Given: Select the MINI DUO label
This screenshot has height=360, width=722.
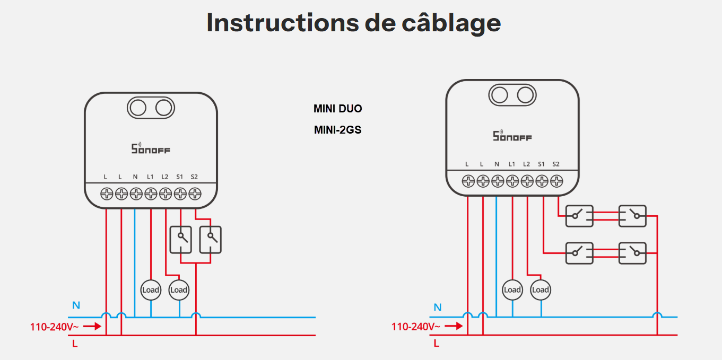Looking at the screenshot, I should pos(337,109).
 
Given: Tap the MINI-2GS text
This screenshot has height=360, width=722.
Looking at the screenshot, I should pos(337,129).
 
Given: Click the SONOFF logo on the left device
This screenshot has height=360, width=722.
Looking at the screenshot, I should pos(151,148).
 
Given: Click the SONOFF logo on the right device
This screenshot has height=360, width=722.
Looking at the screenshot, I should pos(512,136).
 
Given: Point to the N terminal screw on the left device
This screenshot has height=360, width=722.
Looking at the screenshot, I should pos(136,194).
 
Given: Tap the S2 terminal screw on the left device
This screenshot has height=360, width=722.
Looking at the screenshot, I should pos(195,194).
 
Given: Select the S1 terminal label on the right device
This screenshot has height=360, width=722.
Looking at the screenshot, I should pos(541,164).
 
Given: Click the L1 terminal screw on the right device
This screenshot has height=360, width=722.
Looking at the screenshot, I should pos(512,181).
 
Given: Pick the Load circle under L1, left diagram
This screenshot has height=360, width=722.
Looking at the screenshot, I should pos(151,290).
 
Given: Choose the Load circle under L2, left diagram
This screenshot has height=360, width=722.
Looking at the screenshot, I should pos(179,290).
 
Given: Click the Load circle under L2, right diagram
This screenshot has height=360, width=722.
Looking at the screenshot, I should pos(541,290).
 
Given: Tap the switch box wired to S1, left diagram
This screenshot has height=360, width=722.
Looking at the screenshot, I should pos(181,240).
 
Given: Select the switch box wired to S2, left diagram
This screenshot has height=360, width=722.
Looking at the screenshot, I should pos(211,240).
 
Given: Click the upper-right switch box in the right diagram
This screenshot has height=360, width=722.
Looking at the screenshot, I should pos(632,216).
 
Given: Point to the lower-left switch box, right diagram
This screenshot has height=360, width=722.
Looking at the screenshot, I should pos(579,253).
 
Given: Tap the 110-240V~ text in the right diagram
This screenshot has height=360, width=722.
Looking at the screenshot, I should pos(415,327).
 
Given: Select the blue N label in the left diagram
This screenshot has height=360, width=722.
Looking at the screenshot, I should pos(76,305).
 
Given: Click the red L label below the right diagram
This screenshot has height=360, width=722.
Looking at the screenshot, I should pos(437,344).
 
